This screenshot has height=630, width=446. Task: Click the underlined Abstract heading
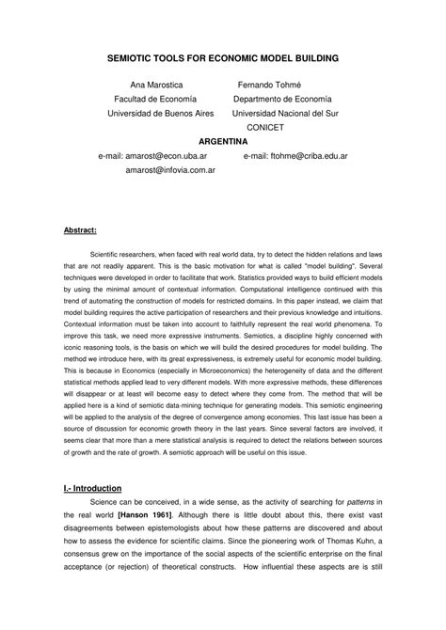tap(79, 228)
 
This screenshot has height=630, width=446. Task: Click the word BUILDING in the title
tap(312, 57)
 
